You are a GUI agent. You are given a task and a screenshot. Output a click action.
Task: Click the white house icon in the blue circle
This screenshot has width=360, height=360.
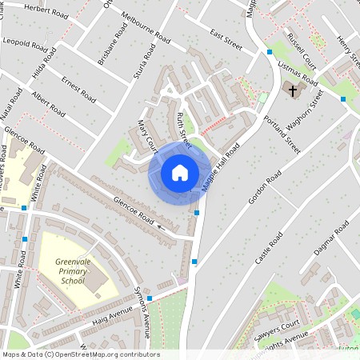(180, 173)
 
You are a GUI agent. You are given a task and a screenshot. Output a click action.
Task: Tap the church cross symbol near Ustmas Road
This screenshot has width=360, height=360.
(292, 90)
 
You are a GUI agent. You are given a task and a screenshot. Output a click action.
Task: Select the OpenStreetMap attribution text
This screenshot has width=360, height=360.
(80, 354)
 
